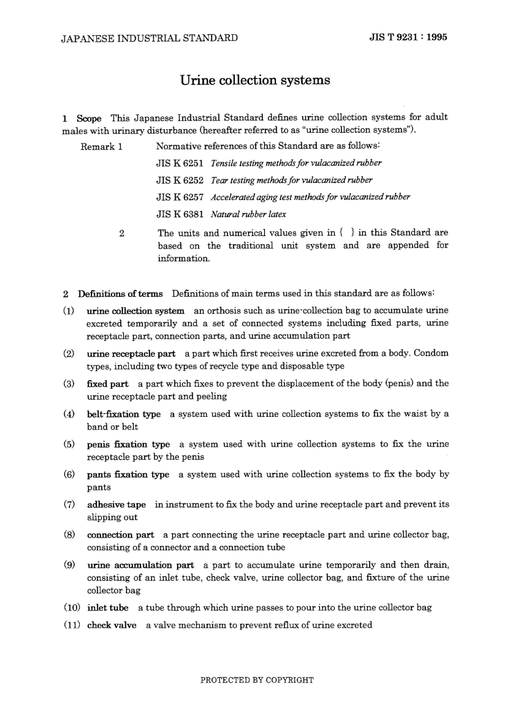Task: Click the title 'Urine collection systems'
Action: point(254,80)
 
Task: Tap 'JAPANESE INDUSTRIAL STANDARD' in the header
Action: point(150,38)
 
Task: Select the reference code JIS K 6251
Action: point(180,163)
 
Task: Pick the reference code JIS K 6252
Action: point(180,180)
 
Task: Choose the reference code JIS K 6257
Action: point(180,197)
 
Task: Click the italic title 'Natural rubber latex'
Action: point(248,214)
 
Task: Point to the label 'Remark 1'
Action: point(102,146)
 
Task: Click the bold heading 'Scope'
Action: point(89,118)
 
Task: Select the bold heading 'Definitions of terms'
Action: point(120,294)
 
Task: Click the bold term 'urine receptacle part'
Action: point(131,354)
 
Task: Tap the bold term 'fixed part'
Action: point(108,384)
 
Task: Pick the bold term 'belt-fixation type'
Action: point(124,414)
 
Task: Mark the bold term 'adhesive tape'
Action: point(116,505)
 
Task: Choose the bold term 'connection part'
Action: point(120,535)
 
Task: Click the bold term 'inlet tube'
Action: point(108,608)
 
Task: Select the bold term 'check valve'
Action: point(112,625)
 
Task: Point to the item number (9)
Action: point(69,565)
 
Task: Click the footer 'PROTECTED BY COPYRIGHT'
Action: point(257,680)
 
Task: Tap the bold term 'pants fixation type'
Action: point(128,474)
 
